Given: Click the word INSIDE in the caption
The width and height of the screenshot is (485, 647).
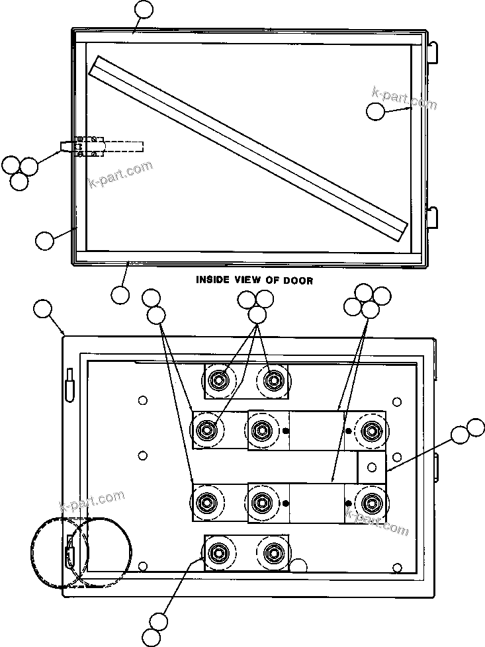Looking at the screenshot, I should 212,280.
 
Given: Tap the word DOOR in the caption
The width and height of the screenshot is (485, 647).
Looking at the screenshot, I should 298,280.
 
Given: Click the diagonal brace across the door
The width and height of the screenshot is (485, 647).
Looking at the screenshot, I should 248,148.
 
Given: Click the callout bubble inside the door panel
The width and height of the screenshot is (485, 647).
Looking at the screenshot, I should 375,111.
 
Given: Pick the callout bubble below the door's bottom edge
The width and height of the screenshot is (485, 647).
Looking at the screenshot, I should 120,294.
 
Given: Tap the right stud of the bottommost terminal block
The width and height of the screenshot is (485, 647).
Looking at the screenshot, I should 273,552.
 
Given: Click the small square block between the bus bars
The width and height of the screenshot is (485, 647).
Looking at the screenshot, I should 371,467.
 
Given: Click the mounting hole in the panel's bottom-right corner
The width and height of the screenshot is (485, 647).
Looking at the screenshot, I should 397,567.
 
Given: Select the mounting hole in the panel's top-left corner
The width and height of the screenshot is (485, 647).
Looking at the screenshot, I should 143,400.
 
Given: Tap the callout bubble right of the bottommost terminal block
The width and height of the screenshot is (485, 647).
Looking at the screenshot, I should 300,566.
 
